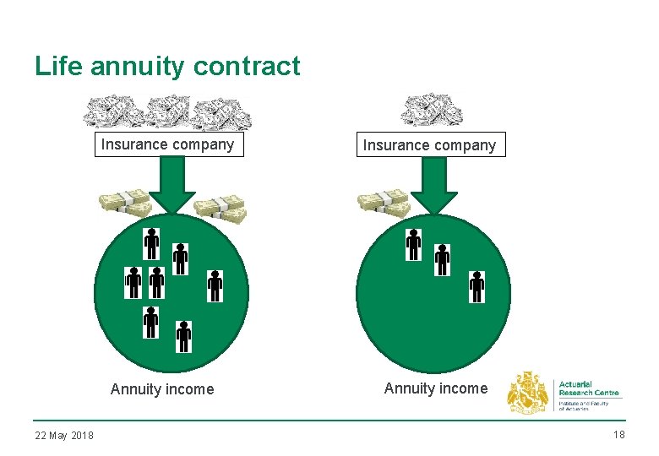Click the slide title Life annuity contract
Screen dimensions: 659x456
click(167, 66)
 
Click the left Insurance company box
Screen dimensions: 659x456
click(167, 144)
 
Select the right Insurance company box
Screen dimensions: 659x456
click(429, 145)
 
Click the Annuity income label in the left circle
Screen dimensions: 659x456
click(162, 389)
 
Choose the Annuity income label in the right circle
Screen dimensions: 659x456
click(436, 388)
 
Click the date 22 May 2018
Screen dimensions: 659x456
click(64, 435)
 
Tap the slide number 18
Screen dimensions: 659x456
click(618, 434)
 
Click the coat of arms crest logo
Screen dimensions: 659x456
click(527, 393)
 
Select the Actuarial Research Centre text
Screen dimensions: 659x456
click(589, 388)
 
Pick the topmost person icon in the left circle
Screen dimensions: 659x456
click(151, 243)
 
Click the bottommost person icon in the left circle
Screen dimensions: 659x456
click(184, 336)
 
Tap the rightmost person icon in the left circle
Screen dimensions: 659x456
click(215, 286)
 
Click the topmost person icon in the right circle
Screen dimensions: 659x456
click(413, 244)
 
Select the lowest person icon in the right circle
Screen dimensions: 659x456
click(477, 286)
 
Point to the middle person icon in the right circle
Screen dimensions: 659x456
click(442, 259)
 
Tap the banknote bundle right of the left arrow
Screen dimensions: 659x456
click(220, 209)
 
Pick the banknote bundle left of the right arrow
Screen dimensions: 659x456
click(383, 204)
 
